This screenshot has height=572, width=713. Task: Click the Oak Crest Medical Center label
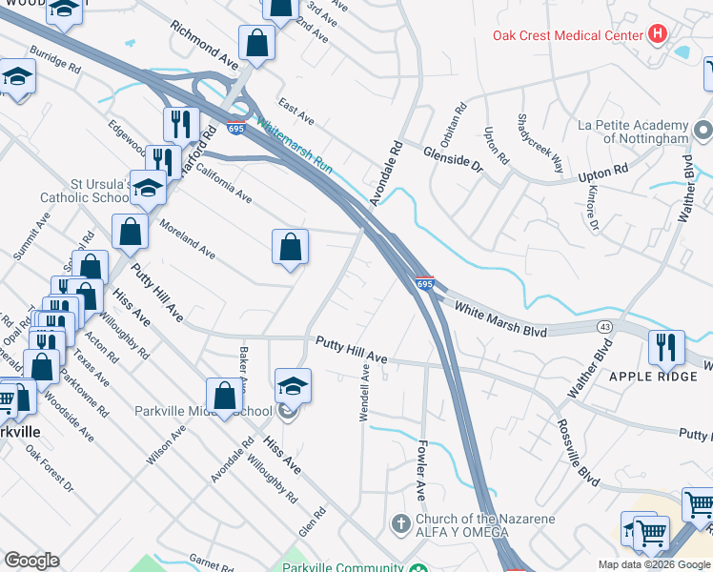568,36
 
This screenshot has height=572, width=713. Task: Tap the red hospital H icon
656,35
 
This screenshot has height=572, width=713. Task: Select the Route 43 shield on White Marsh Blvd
605,327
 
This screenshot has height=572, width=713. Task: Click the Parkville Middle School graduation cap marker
293,385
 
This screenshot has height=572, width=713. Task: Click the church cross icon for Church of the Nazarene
400,523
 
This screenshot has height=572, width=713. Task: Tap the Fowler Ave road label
420,469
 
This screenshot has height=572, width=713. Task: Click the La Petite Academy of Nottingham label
634,132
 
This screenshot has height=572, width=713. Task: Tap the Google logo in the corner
31,561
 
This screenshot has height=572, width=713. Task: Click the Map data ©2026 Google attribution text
653,564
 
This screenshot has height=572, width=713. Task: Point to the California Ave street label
224,183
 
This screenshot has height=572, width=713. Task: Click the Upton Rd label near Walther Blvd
606,173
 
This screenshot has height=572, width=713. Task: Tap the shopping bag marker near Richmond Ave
257,43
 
